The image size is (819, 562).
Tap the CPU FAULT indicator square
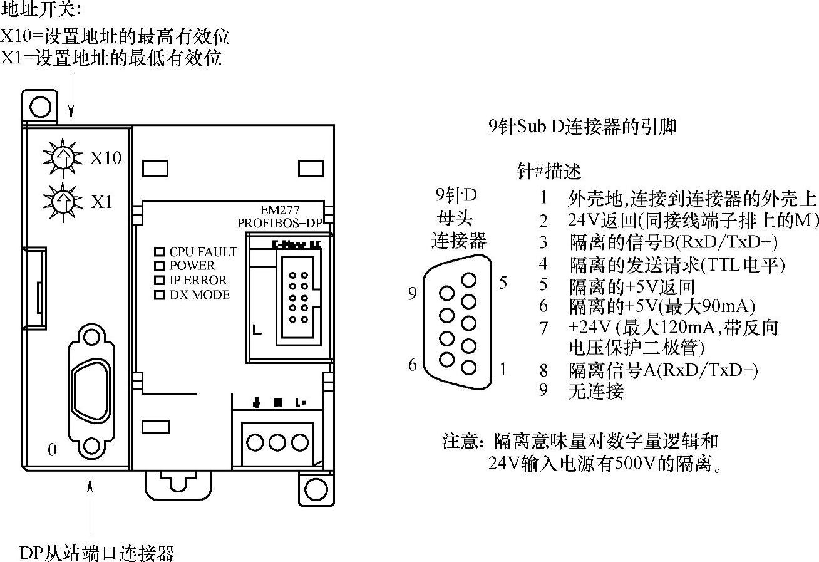(x=159, y=252)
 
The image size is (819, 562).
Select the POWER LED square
(x=159, y=266)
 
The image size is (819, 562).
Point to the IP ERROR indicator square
(x=159, y=280)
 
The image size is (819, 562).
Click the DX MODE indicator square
(x=159, y=294)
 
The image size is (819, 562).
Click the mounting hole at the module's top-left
(x=40, y=105)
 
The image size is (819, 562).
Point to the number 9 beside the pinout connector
(x=412, y=293)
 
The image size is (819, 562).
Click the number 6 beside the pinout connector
(x=412, y=364)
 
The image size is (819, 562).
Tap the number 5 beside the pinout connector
(x=503, y=283)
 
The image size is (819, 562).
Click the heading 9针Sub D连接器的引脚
(x=582, y=127)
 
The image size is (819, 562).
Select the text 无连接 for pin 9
(x=595, y=392)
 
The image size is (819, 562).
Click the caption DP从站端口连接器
(x=97, y=553)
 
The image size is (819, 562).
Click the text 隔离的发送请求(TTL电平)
(x=676, y=264)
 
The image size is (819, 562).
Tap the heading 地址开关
(x=41, y=9)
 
